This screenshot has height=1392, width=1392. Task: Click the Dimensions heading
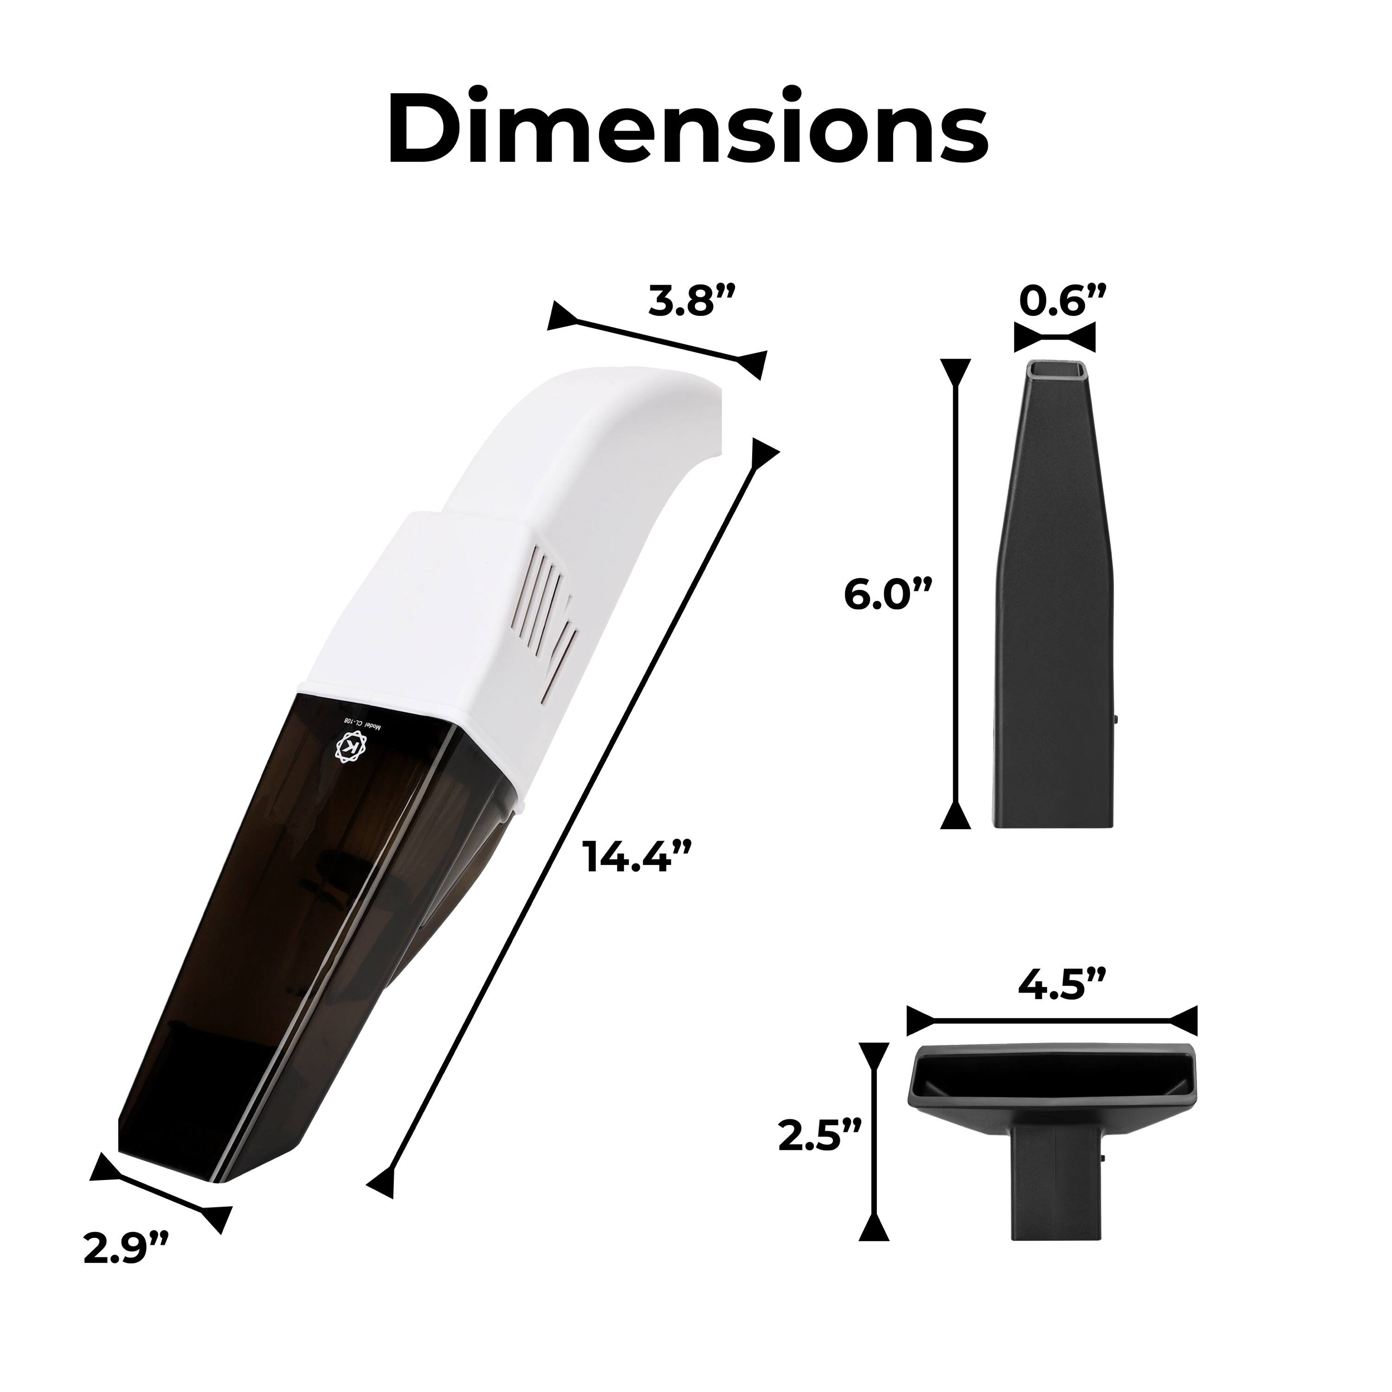(x=688, y=128)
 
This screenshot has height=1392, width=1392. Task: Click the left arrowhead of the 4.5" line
(x=919, y=1021)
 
